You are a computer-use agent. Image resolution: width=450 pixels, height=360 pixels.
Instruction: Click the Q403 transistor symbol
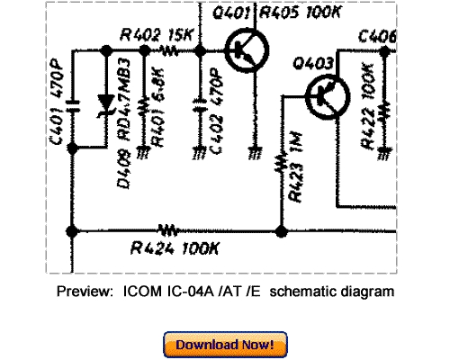[321, 93]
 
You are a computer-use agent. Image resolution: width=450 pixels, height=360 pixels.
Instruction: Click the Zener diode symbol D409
[110, 103]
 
